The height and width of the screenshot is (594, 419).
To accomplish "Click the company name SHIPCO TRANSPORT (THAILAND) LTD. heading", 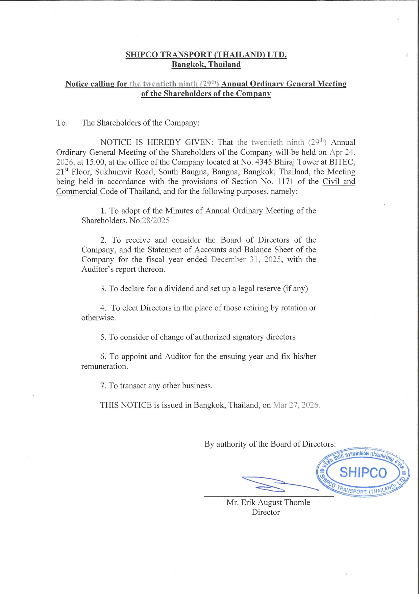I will tap(206, 54).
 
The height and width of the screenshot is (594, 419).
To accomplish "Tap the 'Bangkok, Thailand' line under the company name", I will tap(206, 64).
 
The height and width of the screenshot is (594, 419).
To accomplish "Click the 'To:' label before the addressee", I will tap(62, 123).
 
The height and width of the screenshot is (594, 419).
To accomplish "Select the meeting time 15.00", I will tap(95, 162).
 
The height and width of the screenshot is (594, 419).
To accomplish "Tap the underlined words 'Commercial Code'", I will tap(87, 192).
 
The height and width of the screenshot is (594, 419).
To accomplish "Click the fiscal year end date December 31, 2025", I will tap(246, 260).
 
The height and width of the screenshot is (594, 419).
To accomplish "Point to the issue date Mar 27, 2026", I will tap(296, 405).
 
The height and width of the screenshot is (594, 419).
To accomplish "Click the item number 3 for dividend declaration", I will tap(103, 289).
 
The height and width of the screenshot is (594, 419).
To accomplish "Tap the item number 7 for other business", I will tap(103, 386).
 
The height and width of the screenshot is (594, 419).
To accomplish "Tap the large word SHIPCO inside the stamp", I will tap(363, 472).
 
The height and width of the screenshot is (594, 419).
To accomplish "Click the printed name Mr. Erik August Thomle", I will tap(268, 502).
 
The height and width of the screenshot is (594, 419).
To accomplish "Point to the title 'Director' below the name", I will tap(266, 512).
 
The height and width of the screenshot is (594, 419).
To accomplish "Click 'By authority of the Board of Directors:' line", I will tap(270, 444).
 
